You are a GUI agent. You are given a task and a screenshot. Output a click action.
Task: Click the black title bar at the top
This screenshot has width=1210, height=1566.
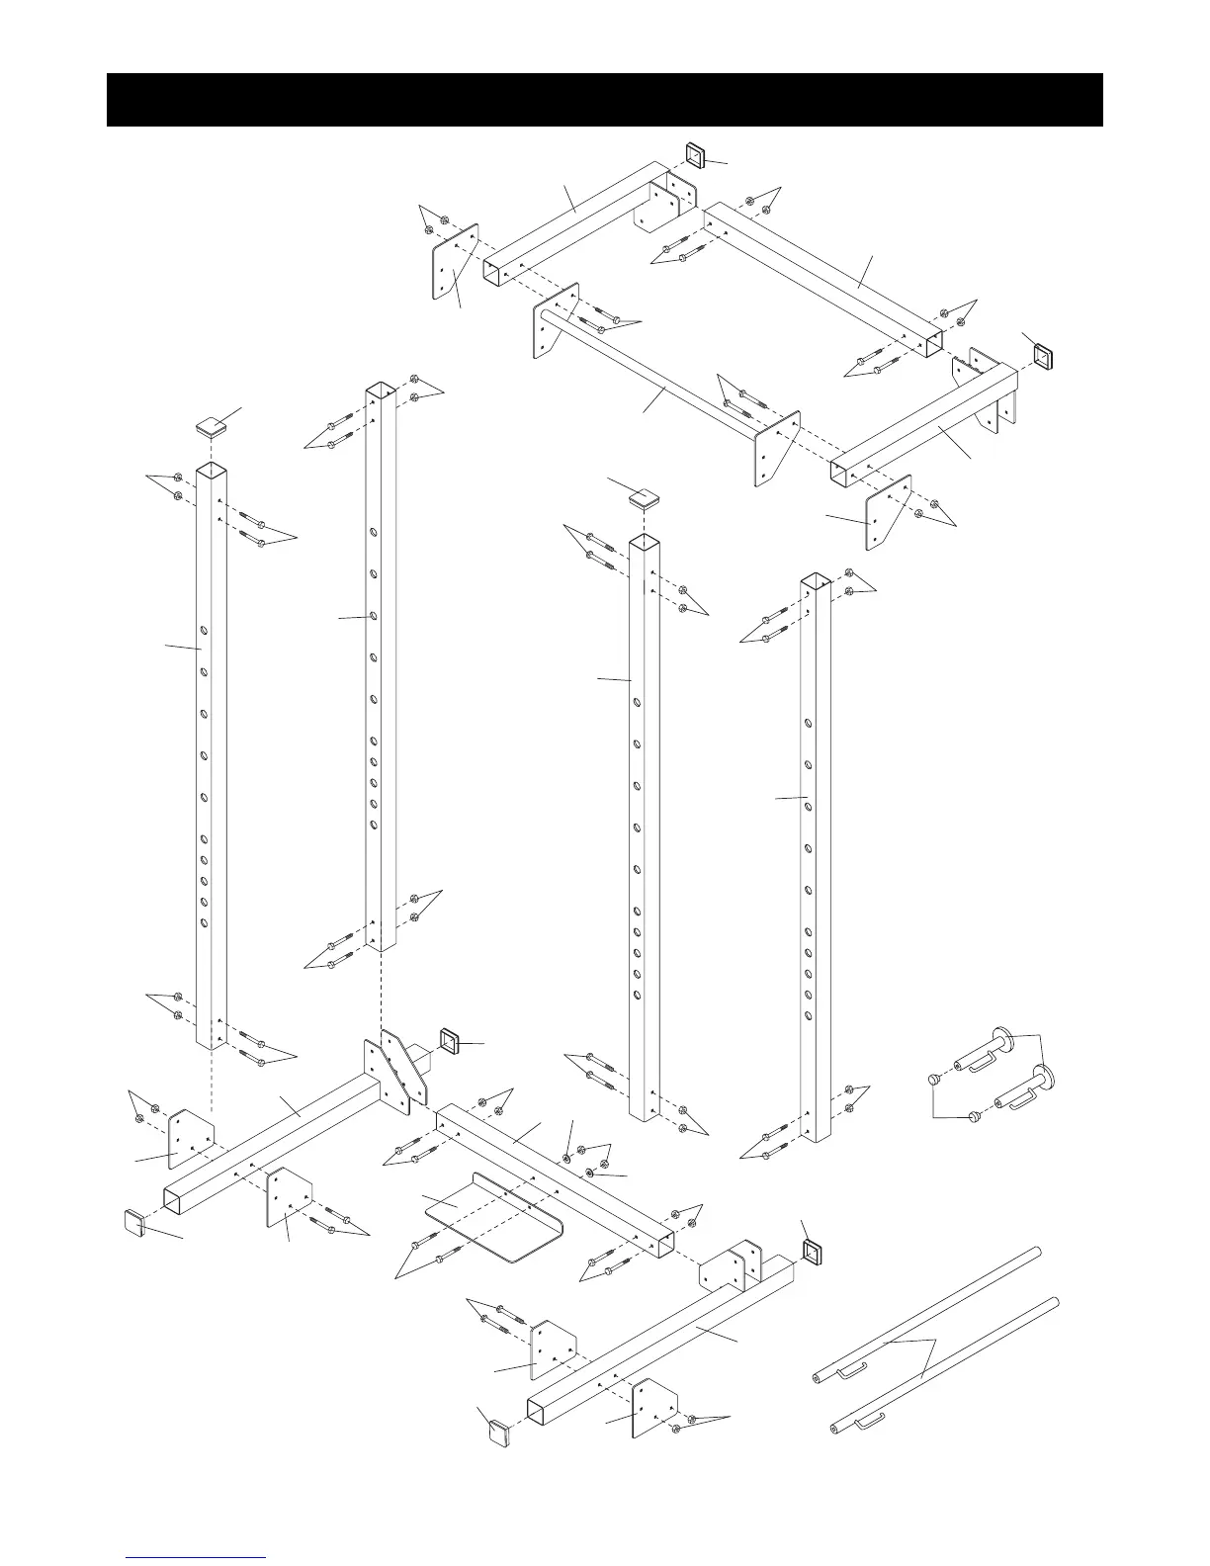tap(604, 100)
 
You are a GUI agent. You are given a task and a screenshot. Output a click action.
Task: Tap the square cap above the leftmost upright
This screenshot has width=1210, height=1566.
tap(209, 427)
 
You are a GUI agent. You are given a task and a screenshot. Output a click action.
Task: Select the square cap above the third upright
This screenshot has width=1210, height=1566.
tap(645, 497)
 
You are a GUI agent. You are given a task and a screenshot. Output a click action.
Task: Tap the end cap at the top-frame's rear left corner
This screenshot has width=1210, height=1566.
tap(695, 155)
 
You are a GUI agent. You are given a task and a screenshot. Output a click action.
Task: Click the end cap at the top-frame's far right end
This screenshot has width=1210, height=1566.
tap(1044, 354)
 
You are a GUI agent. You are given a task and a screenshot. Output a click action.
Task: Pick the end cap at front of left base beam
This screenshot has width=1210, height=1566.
tap(133, 1222)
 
